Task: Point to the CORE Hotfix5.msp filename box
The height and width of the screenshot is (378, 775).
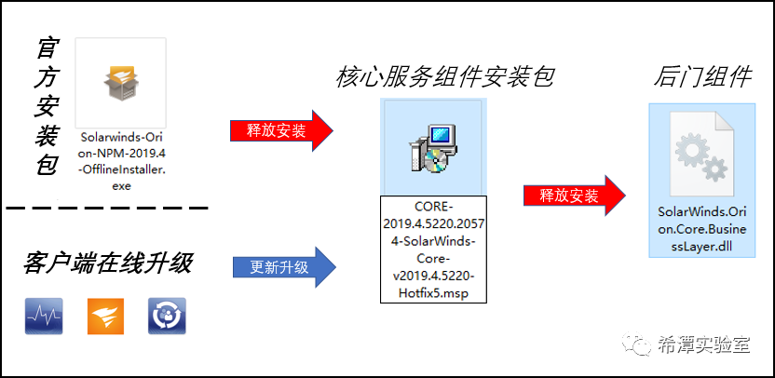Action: pyautogui.click(x=433, y=249)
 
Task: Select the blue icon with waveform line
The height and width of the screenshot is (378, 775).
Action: pyautogui.click(x=43, y=317)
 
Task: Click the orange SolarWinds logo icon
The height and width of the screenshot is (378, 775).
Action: pyautogui.click(x=104, y=317)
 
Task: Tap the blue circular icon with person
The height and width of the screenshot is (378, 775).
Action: pyautogui.click(x=167, y=317)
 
